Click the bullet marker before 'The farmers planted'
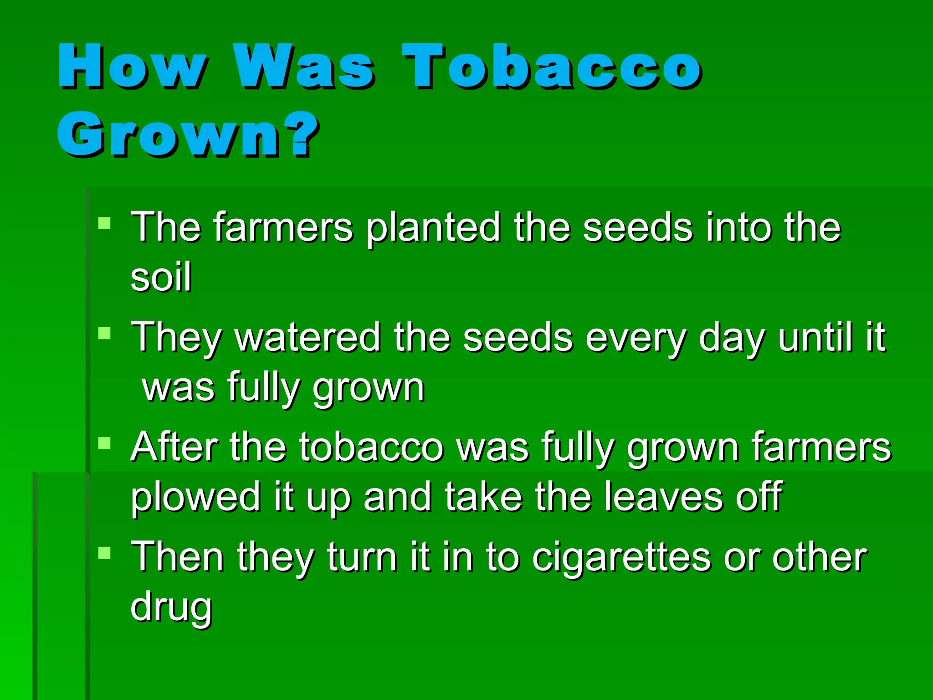pos(104,223)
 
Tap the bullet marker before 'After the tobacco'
pos(104,443)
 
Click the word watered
pos(308,337)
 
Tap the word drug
pos(171,607)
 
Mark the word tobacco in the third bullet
pos(371,447)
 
